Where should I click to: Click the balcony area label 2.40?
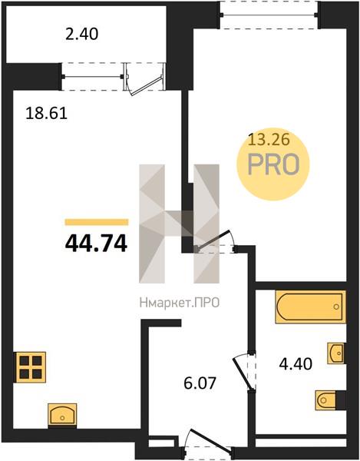point(81,34)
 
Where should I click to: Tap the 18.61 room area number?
point(46,113)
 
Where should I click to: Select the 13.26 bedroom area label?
point(269,139)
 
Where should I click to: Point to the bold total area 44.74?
point(96,244)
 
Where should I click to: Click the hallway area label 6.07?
point(200,383)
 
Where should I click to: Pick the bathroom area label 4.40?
point(296,364)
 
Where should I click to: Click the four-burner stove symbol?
point(30,367)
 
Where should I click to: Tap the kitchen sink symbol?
point(62,415)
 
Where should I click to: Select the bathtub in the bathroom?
point(310,307)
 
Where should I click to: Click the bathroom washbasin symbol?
point(336,353)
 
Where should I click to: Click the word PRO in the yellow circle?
point(274,165)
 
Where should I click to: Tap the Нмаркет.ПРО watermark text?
point(180,303)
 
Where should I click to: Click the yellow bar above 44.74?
point(97,222)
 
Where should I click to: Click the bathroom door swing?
point(244,373)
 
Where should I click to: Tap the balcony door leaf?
point(146,86)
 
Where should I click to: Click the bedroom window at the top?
point(269,15)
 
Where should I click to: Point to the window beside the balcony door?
point(93,77)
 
